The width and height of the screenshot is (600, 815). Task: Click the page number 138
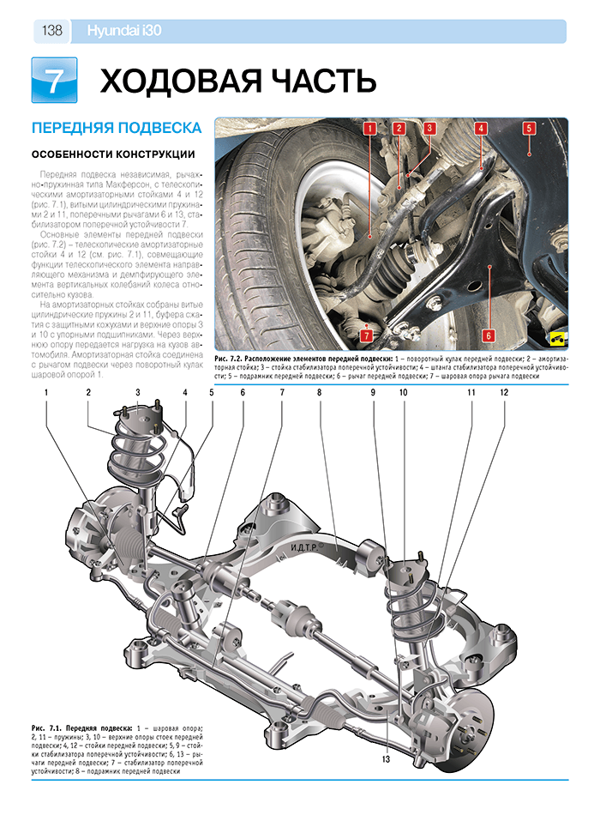51,31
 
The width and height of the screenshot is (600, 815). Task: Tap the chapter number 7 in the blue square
53,81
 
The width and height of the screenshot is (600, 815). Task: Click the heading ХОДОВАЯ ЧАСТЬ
238,81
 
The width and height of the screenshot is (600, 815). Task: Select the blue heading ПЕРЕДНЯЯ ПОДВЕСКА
116,128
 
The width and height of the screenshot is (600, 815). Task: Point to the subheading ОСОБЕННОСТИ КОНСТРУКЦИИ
111,154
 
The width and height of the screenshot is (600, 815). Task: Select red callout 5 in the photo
529,129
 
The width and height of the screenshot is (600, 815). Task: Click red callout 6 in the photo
487,335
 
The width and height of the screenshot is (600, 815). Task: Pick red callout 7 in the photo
366,336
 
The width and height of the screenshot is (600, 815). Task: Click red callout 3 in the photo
429,130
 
